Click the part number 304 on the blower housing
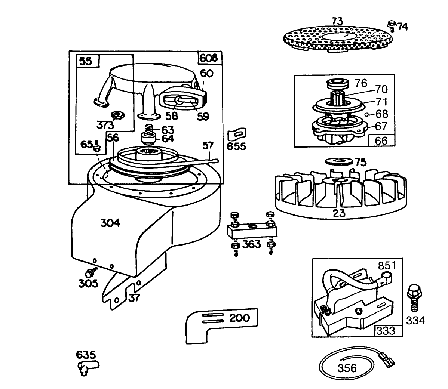pyautogui.click(x=110, y=223)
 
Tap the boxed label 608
pyautogui.click(x=208, y=58)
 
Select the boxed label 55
pyautogui.click(x=86, y=61)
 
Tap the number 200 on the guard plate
pyautogui.click(x=239, y=318)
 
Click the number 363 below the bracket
pyautogui.click(x=251, y=244)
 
